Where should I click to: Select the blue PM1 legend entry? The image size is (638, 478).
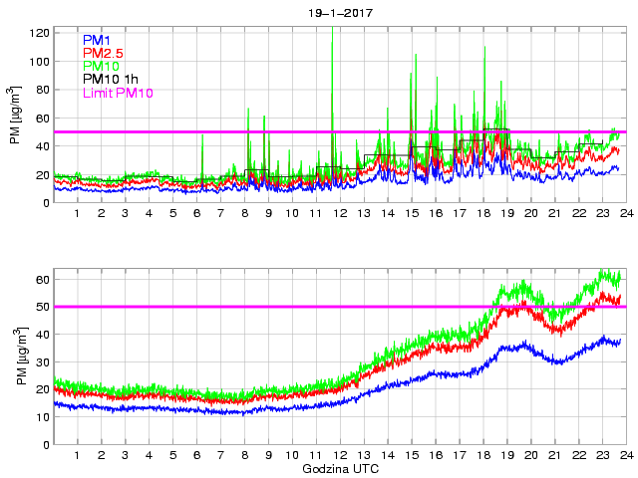tap(96, 40)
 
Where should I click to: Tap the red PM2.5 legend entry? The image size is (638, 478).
tap(103, 53)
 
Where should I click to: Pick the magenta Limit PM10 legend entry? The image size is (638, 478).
tap(117, 93)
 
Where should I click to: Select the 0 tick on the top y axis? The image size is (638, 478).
tap(45, 203)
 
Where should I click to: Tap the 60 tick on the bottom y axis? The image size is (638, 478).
tap(41, 280)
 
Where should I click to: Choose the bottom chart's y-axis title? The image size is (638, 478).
tap(15, 362)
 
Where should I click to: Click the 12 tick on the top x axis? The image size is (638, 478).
tap(316, 215)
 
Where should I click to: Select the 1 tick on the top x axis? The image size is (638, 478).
tap(77, 215)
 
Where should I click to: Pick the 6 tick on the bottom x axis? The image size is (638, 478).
tap(196, 456)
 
